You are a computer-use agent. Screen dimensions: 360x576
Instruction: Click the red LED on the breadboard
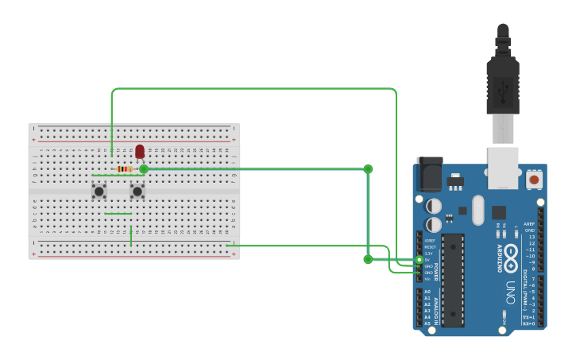point(140,151)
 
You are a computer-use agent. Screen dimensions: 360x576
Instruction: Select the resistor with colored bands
point(125,169)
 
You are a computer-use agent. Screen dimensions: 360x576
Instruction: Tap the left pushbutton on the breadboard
point(99,191)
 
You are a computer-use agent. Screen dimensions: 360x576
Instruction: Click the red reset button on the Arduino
point(534,180)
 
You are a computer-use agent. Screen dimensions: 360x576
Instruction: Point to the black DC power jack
point(429,174)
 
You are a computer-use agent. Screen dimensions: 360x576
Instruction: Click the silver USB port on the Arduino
point(503,168)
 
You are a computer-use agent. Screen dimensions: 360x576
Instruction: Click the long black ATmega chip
point(453,280)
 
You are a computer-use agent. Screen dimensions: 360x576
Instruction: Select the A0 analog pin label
point(427,292)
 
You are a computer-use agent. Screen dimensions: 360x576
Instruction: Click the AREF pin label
point(529,224)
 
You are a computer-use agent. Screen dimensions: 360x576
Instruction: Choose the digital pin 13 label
point(532,237)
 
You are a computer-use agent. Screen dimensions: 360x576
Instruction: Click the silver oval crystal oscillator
point(477,211)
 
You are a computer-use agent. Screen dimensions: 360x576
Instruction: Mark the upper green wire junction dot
point(368,168)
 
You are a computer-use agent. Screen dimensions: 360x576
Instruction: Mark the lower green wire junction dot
point(368,259)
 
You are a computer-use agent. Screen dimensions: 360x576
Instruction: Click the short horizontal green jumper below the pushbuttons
point(118,213)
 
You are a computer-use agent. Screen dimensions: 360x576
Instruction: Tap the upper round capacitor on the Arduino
point(434,206)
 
